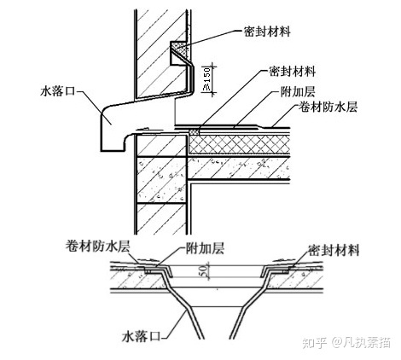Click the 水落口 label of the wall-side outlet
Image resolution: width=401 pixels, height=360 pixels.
[x=58, y=91]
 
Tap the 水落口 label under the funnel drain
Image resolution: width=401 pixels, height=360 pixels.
[x=140, y=337]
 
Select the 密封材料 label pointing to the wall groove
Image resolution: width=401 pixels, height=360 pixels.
[x=267, y=32]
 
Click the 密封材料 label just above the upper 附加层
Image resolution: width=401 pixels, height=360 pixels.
[x=292, y=71]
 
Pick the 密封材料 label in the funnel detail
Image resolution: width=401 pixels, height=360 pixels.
[x=334, y=251]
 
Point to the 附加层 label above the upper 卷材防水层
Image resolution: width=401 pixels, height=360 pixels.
[x=298, y=91]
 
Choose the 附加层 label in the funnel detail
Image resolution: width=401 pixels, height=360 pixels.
[x=205, y=248]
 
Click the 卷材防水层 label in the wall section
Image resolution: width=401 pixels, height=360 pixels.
[x=328, y=107]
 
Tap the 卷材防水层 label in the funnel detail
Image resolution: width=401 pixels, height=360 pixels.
[x=97, y=247]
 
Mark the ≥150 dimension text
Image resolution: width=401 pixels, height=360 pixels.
[x=207, y=78]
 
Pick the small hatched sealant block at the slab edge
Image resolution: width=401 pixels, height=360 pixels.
[x=194, y=132]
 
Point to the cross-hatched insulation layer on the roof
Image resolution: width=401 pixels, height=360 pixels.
[x=240, y=145]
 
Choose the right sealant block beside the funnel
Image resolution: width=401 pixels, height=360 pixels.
[x=285, y=272]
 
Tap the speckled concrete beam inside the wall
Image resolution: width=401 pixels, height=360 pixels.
[x=161, y=180]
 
